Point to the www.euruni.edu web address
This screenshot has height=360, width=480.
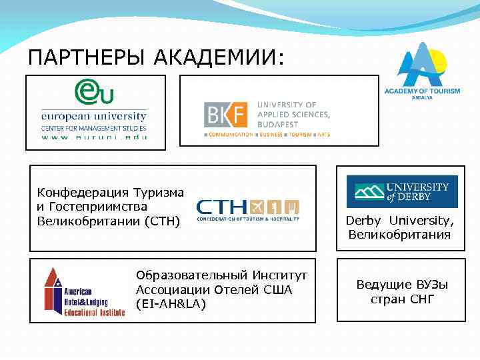click(94, 137)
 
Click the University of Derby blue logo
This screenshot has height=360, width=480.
click(401, 191)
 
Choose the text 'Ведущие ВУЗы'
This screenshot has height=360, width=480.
click(402, 285)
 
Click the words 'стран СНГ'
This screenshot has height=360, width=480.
click(402, 299)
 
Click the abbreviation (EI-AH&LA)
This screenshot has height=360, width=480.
click(171, 304)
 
